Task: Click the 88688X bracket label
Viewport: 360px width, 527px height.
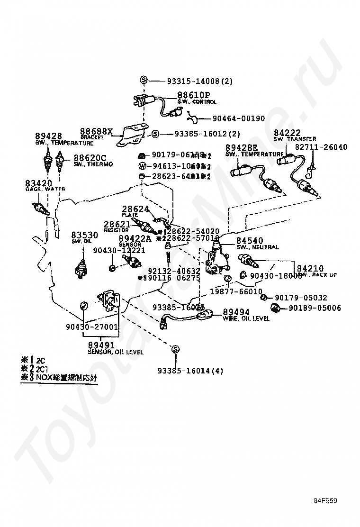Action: (x=96, y=131)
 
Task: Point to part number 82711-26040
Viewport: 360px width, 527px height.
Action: (x=321, y=147)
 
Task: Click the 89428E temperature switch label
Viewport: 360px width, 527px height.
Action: (x=242, y=148)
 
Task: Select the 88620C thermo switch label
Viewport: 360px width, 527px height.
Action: (x=90, y=158)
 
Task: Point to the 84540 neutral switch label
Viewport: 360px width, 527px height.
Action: (x=250, y=241)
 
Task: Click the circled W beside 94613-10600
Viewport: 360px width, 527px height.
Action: (x=142, y=166)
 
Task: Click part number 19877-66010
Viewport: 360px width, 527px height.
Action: (x=243, y=291)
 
